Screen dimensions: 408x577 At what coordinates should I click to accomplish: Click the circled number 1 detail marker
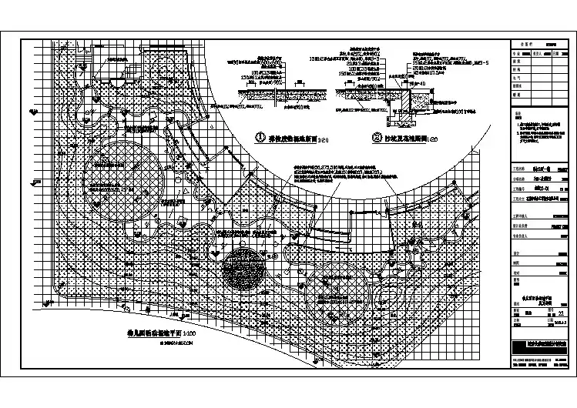[261, 138]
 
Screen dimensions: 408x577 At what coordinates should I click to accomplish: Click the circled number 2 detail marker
[377, 139]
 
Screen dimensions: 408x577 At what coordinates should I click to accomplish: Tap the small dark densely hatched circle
[242, 269]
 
